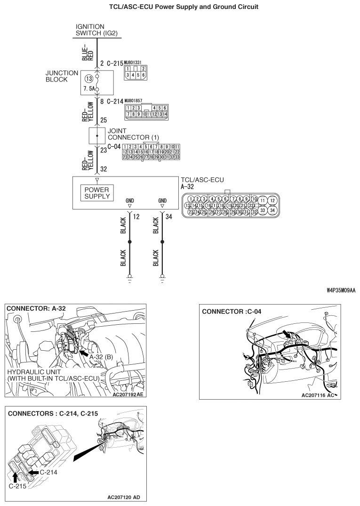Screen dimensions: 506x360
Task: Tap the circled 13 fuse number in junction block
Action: click(88, 79)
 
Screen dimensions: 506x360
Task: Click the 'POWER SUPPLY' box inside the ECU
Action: click(97, 192)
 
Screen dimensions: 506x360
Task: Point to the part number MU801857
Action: click(135, 101)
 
